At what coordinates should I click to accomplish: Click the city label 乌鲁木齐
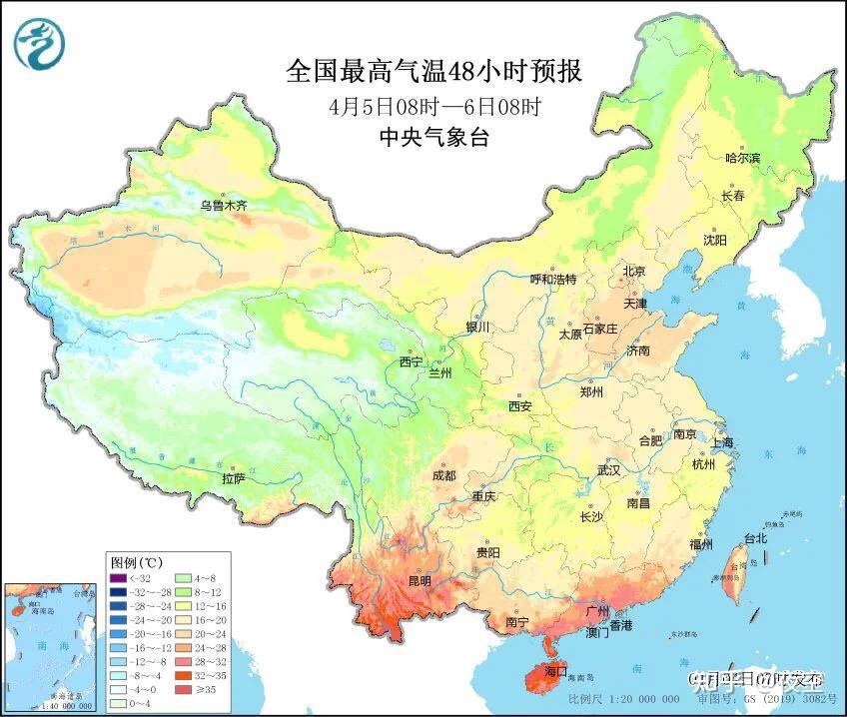(x=222, y=206)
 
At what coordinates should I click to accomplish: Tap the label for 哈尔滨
(x=742, y=158)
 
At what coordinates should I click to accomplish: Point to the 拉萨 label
(x=233, y=479)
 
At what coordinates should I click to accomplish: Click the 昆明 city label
(x=419, y=580)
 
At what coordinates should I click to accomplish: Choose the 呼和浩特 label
(x=552, y=280)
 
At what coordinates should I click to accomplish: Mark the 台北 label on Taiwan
(x=755, y=538)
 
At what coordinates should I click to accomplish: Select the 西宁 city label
(x=412, y=361)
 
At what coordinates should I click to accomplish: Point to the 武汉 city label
(x=608, y=469)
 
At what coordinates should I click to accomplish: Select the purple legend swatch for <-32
(x=117, y=576)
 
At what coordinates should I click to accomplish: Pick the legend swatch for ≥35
(x=184, y=689)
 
